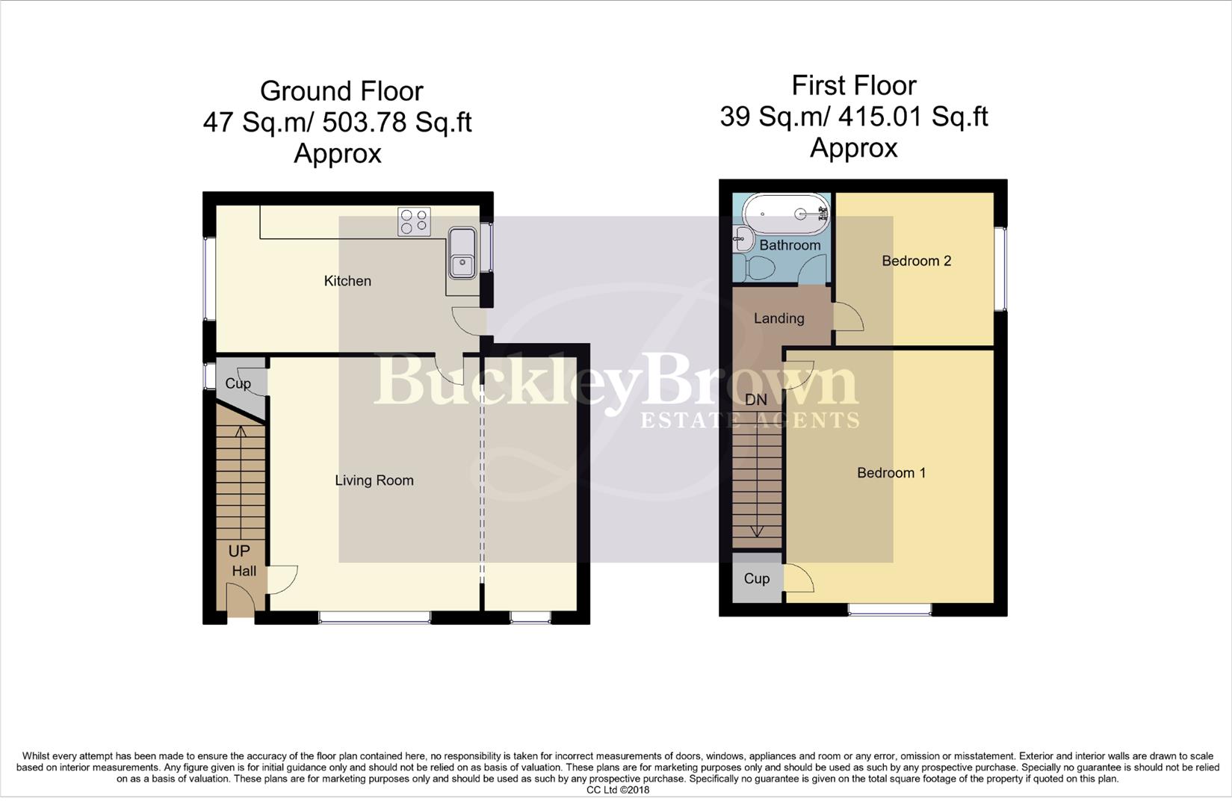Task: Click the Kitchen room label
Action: tap(347, 281)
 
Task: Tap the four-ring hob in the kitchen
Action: tap(414, 221)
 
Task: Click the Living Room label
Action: tap(374, 480)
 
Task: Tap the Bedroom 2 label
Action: tap(916, 261)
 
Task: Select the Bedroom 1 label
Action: tap(891, 473)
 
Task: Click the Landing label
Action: tap(778, 318)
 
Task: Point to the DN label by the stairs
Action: tap(756, 400)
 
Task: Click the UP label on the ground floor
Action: tap(239, 551)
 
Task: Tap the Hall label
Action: tap(244, 571)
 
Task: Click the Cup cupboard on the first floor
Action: tap(757, 578)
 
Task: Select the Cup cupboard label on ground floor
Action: tap(238, 383)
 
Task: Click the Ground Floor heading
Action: tap(341, 91)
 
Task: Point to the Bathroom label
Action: tap(790, 245)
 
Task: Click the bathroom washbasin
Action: tap(741, 239)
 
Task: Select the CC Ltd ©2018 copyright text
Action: tap(617, 790)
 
